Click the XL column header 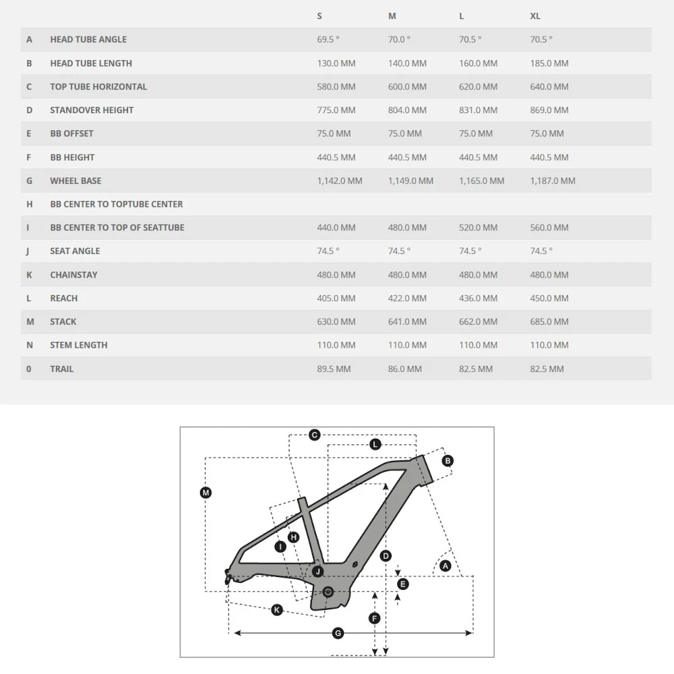535,16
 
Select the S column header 319,16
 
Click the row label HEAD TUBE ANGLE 88,40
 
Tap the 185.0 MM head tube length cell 549,63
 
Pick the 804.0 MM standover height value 407,110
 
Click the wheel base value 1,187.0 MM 553,181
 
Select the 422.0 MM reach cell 407,298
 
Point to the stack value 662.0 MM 478,321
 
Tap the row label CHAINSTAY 73,274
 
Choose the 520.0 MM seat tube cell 478,228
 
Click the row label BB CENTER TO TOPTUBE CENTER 117,204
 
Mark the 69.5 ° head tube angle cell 328,40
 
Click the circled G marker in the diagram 338,633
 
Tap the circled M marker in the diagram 206,493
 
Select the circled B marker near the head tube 448,461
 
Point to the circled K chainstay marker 277,610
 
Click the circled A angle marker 445,567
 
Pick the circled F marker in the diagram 375,618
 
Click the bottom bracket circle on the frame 328,592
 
